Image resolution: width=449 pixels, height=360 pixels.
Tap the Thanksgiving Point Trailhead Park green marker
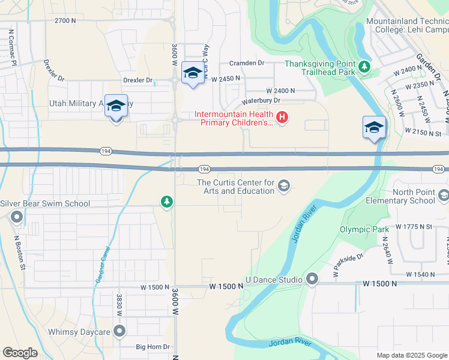(x=364, y=67)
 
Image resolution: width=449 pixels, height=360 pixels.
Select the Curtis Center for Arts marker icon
(x=284, y=187)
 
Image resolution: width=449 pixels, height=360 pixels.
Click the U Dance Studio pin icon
(x=312, y=279)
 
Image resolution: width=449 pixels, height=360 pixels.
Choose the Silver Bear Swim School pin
(x=17, y=217)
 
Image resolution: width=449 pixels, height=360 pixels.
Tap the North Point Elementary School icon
(x=444, y=196)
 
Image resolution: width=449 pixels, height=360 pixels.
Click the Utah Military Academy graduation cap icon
(x=116, y=106)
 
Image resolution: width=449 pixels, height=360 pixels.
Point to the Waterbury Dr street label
(x=261, y=102)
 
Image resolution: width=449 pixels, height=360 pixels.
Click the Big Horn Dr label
(x=153, y=347)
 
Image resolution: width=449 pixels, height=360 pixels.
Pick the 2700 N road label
(x=65, y=20)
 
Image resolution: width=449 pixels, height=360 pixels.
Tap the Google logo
(x=20, y=353)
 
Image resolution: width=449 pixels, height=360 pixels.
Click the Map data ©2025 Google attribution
(x=411, y=355)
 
